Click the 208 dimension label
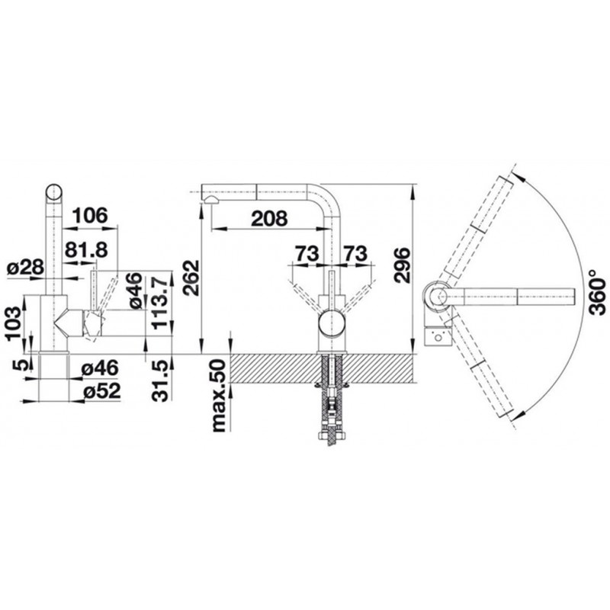269,219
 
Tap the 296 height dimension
402,265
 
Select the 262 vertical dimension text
192,278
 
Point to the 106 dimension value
90,215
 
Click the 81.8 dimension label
86,249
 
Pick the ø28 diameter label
26,268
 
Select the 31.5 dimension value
162,380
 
